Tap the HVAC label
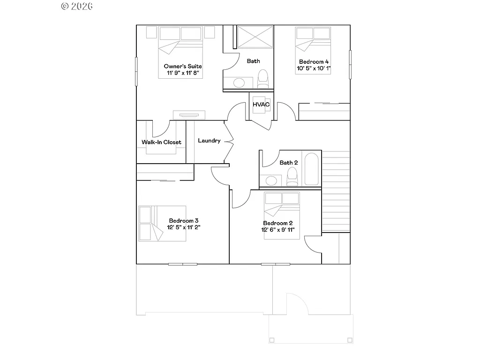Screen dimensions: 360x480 click(x=261, y=104)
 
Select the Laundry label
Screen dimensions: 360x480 click(x=209, y=141)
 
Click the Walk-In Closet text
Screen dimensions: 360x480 click(x=161, y=142)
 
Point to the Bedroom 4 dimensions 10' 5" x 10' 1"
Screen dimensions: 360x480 click(x=314, y=68)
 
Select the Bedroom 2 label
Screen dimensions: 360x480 click(x=278, y=223)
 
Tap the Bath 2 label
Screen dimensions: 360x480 click(x=289, y=163)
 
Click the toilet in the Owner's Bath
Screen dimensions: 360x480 click(x=263, y=78)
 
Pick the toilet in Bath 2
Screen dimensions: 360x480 click(x=292, y=177)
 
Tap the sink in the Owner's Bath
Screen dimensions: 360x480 click(x=239, y=83)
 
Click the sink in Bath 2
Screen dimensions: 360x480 click(x=270, y=180)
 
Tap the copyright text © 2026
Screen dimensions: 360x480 click(x=77, y=6)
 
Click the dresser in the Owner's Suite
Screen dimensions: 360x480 click(x=189, y=115)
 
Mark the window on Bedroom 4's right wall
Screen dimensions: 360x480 click(x=350, y=65)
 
